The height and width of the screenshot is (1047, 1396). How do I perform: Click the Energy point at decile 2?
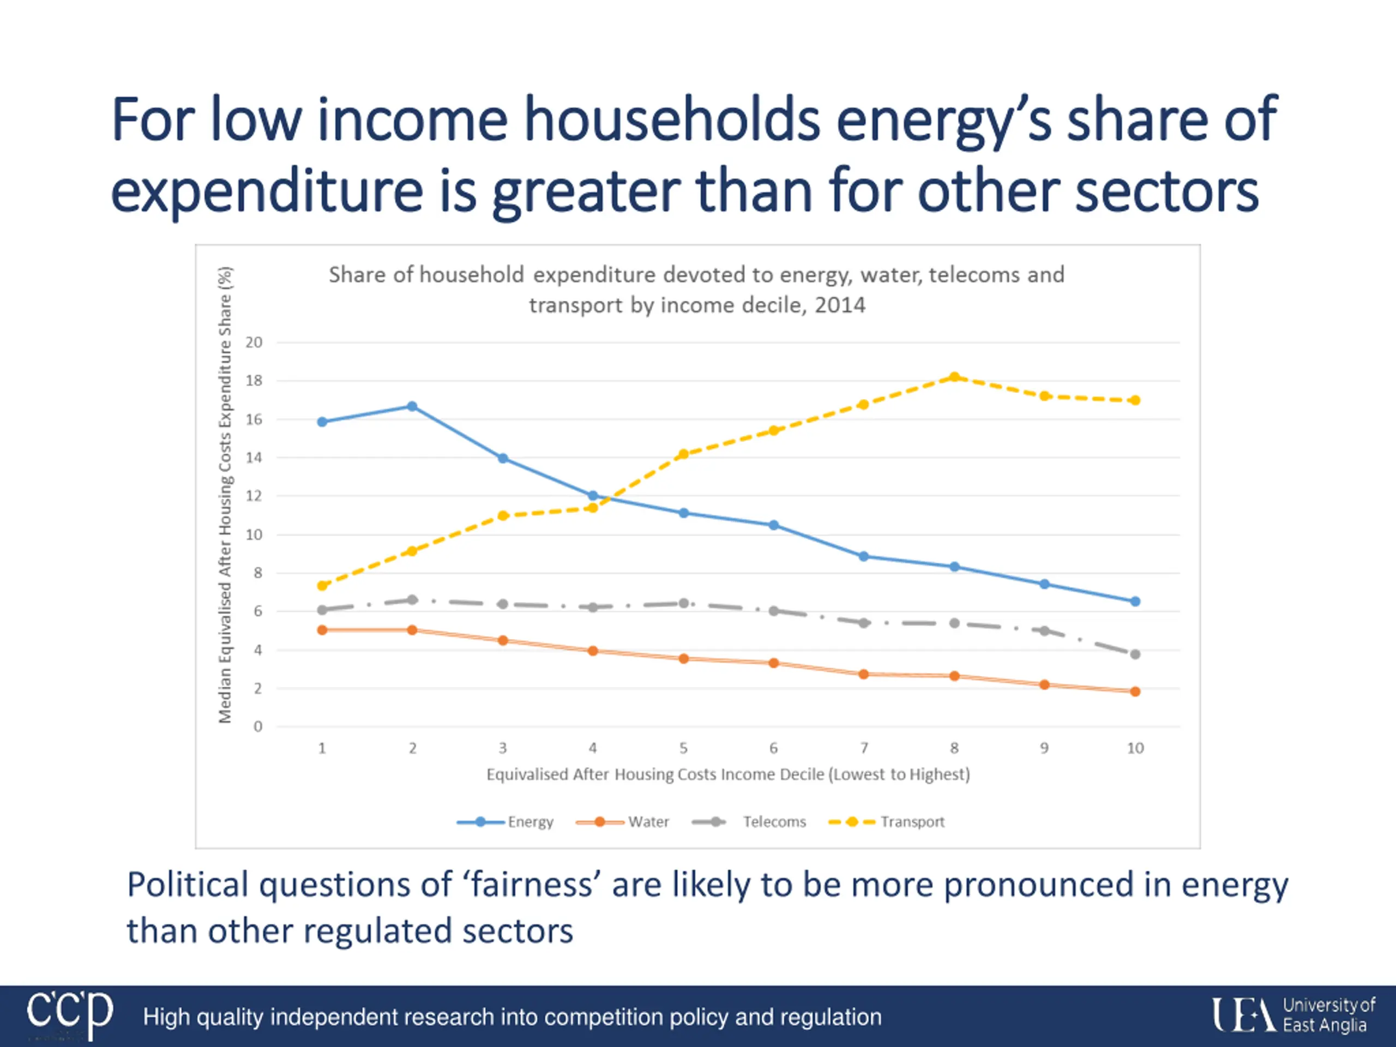click(x=412, y=406)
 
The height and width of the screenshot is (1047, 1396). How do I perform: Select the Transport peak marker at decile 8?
click(x=954, y=377)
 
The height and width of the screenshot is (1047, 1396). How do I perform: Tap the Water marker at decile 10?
click(x=1135, y=691)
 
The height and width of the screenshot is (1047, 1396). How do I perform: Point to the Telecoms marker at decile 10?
click(x=1135, y=654)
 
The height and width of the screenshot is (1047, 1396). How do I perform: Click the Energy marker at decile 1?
click(x=322, y=422)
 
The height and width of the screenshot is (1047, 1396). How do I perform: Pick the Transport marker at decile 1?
click(x=322, y=586)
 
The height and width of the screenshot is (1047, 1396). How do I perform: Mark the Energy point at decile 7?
click(x=864, y=557)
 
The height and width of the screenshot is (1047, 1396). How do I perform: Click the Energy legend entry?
click(x=505, y=822)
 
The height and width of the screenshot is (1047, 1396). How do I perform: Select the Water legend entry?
click(x=622, y=822)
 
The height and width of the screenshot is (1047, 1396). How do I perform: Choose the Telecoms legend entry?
click(x=749, y=822)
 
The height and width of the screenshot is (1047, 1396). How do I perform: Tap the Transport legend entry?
click(x=886, y=822)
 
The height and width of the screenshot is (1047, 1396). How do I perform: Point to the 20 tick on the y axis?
click(x=254, y=342)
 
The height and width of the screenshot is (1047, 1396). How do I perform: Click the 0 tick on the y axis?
click(x=257, y=727)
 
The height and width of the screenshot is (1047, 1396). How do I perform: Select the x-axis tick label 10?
click(x=1135, y=749)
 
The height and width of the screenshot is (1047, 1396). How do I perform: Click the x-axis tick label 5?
click(x=683, y=749)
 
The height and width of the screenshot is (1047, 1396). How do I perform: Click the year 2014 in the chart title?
click(x=839, y=305)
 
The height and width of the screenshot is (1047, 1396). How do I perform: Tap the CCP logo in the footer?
click(x=69, y=1015)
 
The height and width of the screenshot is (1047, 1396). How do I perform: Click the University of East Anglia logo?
click(x=1292, y=1015)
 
